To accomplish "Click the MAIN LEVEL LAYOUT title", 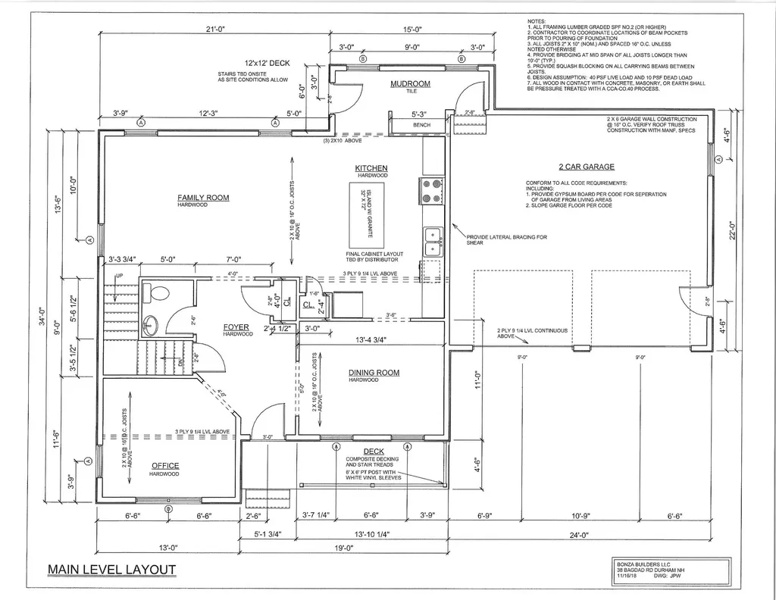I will pyautogui.click(x=111, y=570).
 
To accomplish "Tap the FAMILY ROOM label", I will pyautogui.click(x=203, y=198).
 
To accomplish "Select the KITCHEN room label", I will pyautogui.click(x=371, y=167).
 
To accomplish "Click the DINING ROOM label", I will pyautogui.click(x=374, y=373).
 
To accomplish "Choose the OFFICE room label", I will pyautogui.click(x=164, y=466).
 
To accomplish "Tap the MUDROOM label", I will pyautogui.click(x=410, y=83).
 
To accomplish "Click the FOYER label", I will pyautogui.click(x=236, y=327).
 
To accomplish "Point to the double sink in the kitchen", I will pyautogui.click(x=432, y=242).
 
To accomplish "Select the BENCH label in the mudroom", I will pyautogui.click(x=421, y=124).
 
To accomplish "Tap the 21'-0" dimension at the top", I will pyautogui.click(x=217, y=29).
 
